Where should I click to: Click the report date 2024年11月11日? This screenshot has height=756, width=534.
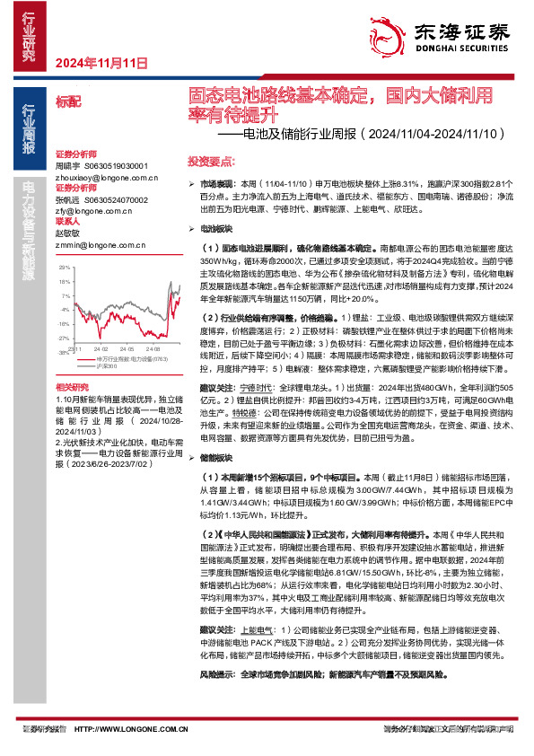pyautogui.click(x=101, y=64)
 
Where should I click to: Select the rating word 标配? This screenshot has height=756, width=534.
pyautogui.click(x=67, y=103)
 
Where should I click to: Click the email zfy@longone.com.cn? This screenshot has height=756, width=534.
pyautogui.click(x=88, y=212)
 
